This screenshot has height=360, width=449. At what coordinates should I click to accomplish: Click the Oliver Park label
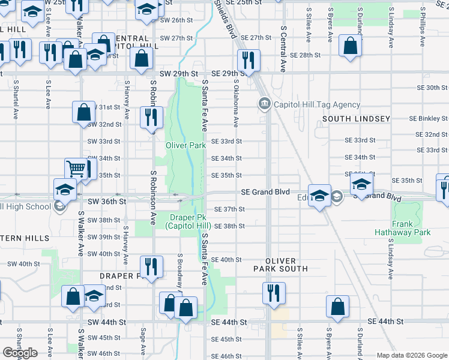(x=186, y=145)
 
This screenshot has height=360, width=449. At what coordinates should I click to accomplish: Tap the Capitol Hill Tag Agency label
(x=317, y=104)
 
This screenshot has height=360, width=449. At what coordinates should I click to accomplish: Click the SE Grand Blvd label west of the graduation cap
(x=265, y=192)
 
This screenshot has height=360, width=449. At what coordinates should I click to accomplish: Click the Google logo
(x=20, y=353)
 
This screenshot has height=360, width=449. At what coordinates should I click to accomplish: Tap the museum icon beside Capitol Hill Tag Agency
(x=264, y=104)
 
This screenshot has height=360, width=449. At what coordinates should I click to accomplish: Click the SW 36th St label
(x=107, y=203)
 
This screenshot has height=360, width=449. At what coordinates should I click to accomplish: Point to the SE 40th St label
(x=226, y=260)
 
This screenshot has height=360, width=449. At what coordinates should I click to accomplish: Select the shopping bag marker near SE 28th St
(x=350, y=46)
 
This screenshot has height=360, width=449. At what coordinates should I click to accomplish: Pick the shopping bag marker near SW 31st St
(x=83, y=112)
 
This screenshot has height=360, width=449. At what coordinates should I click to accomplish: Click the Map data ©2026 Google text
(x=411, y=355)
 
